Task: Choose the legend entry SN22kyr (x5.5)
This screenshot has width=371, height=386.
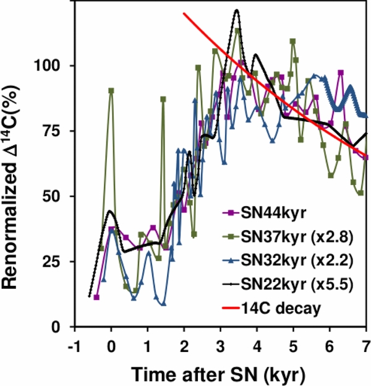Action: pyautogui.click(x=290, y=284)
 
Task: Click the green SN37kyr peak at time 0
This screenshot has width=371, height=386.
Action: pyautogui.click(x=111, y=90)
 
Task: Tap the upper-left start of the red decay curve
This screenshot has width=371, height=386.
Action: pyautogui.click(x=184, y=13)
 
